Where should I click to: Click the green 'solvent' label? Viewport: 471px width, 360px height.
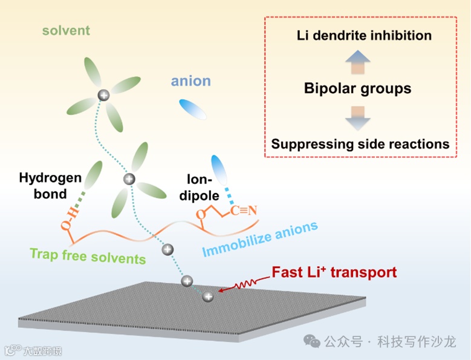(67, 30)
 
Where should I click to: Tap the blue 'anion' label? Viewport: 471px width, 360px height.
(190, 82)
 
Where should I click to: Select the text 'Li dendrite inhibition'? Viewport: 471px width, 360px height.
(364, 35)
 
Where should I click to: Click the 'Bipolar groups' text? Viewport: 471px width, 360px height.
(357, 89)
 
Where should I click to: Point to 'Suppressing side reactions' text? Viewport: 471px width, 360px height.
(360, 144)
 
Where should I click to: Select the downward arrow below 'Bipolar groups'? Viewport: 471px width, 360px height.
(357, 117)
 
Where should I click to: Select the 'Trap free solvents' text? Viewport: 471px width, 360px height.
(88, 255)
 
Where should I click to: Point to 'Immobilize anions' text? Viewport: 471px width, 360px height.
(260, 240)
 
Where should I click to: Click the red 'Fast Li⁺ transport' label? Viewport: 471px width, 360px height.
(334, 272)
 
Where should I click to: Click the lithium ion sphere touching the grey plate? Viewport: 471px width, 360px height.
(208, 296)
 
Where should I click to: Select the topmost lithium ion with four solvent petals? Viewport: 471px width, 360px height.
(104, 94)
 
